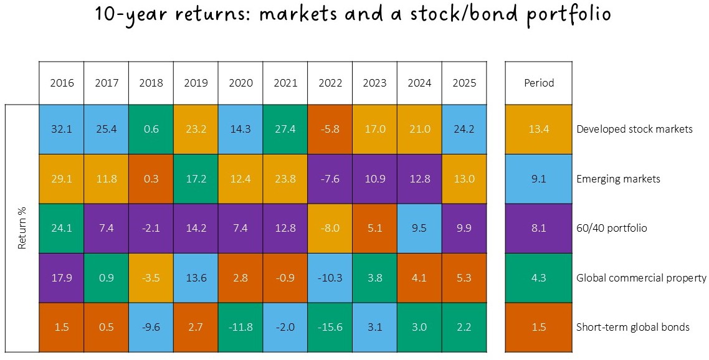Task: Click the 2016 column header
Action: click(62, 83)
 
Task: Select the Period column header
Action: click(540, 83)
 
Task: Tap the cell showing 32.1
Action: click(62, 130)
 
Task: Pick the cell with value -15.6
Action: click(330, 328)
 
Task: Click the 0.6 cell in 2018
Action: click(151, 130)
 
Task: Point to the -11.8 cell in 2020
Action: click(240, 328)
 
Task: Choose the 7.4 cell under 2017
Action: click(106, 228)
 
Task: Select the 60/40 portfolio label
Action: click(612, 228)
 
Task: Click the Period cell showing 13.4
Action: click(540, 130)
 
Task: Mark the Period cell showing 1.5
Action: click(540, 328)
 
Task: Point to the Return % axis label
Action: click(22, 229)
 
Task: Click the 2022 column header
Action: click(330, 83)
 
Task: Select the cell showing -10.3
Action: click(330, 278)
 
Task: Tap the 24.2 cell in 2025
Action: click(464, 130)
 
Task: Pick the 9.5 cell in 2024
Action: click(419, 228)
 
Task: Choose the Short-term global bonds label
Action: click(633, 328)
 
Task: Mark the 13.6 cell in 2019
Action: click(196, 278)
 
